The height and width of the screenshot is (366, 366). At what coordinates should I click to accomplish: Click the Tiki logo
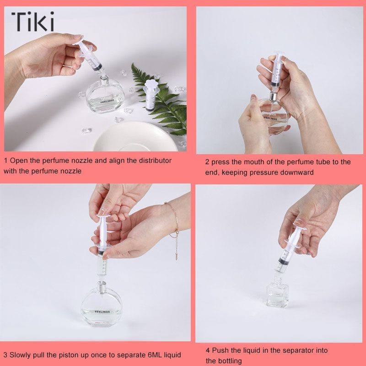click(x=32, y=22)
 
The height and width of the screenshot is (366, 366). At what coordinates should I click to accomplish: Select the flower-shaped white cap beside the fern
click(x=150, y=85)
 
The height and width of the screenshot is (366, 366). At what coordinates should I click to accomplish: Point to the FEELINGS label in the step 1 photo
click(x=108, y=101)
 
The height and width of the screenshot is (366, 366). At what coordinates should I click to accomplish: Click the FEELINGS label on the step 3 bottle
click(x=102, y=312)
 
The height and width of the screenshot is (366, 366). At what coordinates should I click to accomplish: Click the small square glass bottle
click(x=277, y=294)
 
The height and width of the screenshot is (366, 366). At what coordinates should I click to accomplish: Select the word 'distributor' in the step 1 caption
click(x=155, y=161)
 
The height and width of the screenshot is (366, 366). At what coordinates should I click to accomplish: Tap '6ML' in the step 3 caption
click(x=155, y=355)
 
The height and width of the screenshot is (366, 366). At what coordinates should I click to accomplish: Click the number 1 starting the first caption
click(x=6, y=161)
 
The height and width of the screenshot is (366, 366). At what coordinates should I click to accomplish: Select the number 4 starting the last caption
click(x=208, y=350)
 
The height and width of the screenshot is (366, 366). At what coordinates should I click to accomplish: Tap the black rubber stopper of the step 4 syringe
click(x=283, y=260)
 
